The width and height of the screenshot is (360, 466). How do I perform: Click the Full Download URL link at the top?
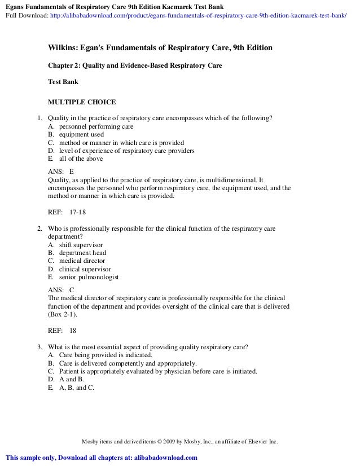point(197,16)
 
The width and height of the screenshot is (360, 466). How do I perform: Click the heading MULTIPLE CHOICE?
point(82,102)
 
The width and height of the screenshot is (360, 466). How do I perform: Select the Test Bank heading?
point(63,81)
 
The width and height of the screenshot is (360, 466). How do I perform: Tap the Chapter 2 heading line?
point(135,65)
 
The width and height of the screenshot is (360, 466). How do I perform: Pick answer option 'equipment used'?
point(81,135)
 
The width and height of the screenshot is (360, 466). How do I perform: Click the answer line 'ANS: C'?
point(62,289)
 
